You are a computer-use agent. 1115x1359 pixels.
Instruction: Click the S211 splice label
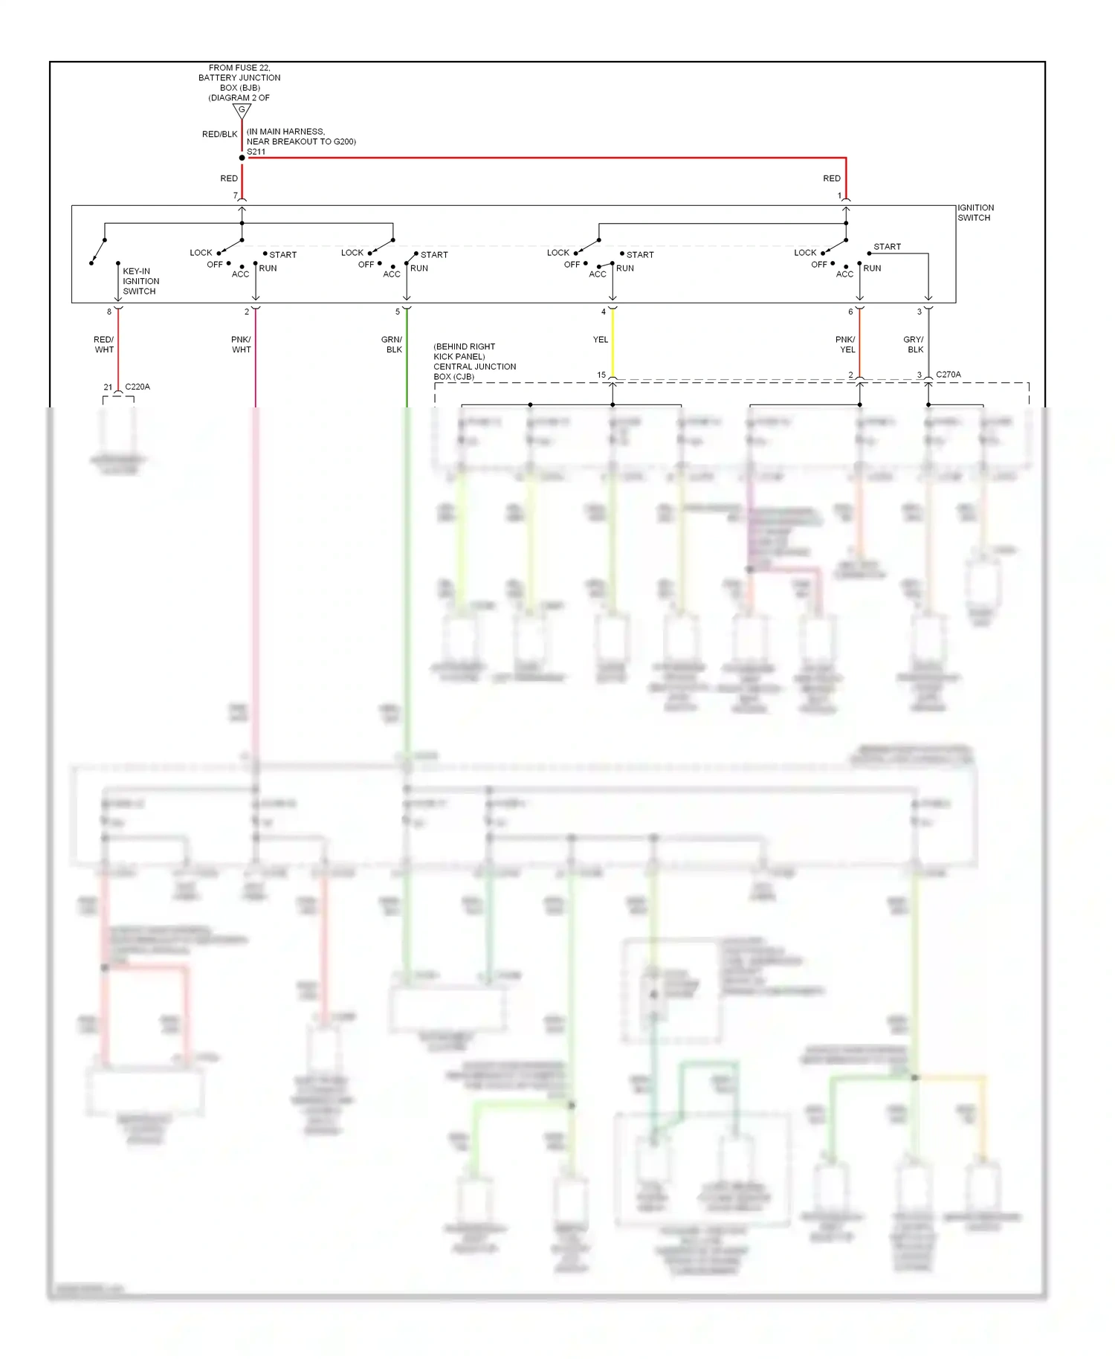(x=256, y=152)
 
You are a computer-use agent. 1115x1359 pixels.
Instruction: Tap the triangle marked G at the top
(x=242, y=111)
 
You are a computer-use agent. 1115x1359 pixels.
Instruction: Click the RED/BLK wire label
(x=219, y=135)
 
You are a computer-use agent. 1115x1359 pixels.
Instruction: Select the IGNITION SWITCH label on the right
(x=975, y=213)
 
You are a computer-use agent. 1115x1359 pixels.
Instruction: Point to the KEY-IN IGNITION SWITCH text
(x=140, y=281)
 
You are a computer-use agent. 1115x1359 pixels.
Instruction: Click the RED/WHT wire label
(x=104, y=344)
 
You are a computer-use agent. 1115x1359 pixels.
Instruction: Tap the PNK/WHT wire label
(x=241, y=344)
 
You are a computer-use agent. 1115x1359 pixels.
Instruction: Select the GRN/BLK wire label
(x=392, y=344)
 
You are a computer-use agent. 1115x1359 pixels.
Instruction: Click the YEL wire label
(x=601, y=340)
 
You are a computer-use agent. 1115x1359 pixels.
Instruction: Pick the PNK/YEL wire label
(x=846, y=344)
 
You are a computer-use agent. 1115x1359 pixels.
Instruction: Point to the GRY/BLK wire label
(x=914, y=344)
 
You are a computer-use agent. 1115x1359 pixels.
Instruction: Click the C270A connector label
(x=948, y=375)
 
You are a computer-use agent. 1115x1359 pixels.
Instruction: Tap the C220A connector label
(x=138, y=387)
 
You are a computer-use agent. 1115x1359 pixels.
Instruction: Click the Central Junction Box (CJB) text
(x=474, y=361)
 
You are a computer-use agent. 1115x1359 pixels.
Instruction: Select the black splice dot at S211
(x=242, y=158)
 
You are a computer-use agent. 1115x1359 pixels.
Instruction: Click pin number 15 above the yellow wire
(x=601, y=375)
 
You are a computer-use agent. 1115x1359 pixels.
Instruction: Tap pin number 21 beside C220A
(x=108, y=387)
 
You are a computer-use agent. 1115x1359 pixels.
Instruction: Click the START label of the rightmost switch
(x=887, y=247)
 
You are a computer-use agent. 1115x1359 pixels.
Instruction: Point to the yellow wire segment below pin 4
(x=613, y=342)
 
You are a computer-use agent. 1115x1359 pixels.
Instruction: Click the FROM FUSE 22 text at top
(x=239, y=68)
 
